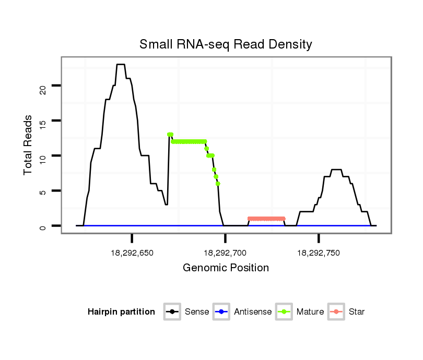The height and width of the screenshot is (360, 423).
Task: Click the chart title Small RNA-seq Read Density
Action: tap(226, 44)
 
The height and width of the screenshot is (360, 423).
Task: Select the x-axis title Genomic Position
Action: tap(226, 268)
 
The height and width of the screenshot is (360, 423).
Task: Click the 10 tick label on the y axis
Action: tap(43, 157)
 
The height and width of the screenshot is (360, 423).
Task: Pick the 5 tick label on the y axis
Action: tap(43, 191)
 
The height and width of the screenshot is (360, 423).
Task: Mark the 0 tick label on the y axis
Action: tap(43, 226)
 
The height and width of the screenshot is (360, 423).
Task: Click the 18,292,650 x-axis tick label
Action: tap(132, 253)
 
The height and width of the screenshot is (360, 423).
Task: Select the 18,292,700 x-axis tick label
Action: tap(225, 253)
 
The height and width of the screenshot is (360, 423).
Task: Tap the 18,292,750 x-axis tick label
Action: tap(319, 253)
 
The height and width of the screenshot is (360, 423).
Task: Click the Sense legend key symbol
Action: tap(171, 312)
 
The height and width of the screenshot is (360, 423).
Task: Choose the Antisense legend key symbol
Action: tap(221, 312)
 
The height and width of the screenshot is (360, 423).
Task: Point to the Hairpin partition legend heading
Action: tap(121, 312)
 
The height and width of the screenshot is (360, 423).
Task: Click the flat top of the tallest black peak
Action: tap(121, 65)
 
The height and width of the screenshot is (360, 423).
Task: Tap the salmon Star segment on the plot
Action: tap(266, 219)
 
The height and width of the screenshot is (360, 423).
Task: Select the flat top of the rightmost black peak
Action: tap(337, 170)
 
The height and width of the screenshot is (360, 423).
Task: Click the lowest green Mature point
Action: tap(218, 184)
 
